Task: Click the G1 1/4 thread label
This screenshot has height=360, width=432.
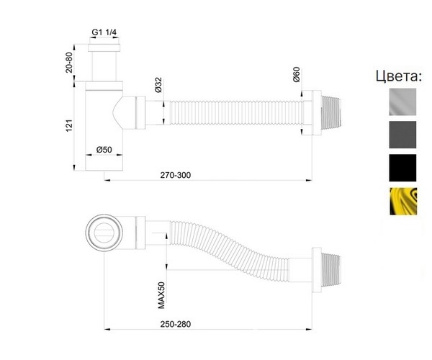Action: pyautogui.click(x=104, y=32)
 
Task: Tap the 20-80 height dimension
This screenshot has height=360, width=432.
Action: pyautogui.click(x=69, y=63)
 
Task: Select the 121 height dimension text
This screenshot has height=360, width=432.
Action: pyautogui.click(x=69, y=125)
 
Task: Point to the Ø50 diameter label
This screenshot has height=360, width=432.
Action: pyautogui.click(x=104, y=150)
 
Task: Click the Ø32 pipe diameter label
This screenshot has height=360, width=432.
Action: pyautogui.click(x=158, y=85)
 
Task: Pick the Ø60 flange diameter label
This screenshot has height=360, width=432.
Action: pyautogui.click(x=297, y=74)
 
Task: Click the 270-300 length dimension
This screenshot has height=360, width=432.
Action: pyautogui.click(x=176, y=175)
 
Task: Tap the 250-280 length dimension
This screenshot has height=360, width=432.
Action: pyautogui.click(x=176, y=324)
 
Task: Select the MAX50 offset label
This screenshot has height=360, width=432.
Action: pyautogui.click(x=161, y=295)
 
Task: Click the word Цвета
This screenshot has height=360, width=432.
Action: pyautogui.click(x=399, y=76)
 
